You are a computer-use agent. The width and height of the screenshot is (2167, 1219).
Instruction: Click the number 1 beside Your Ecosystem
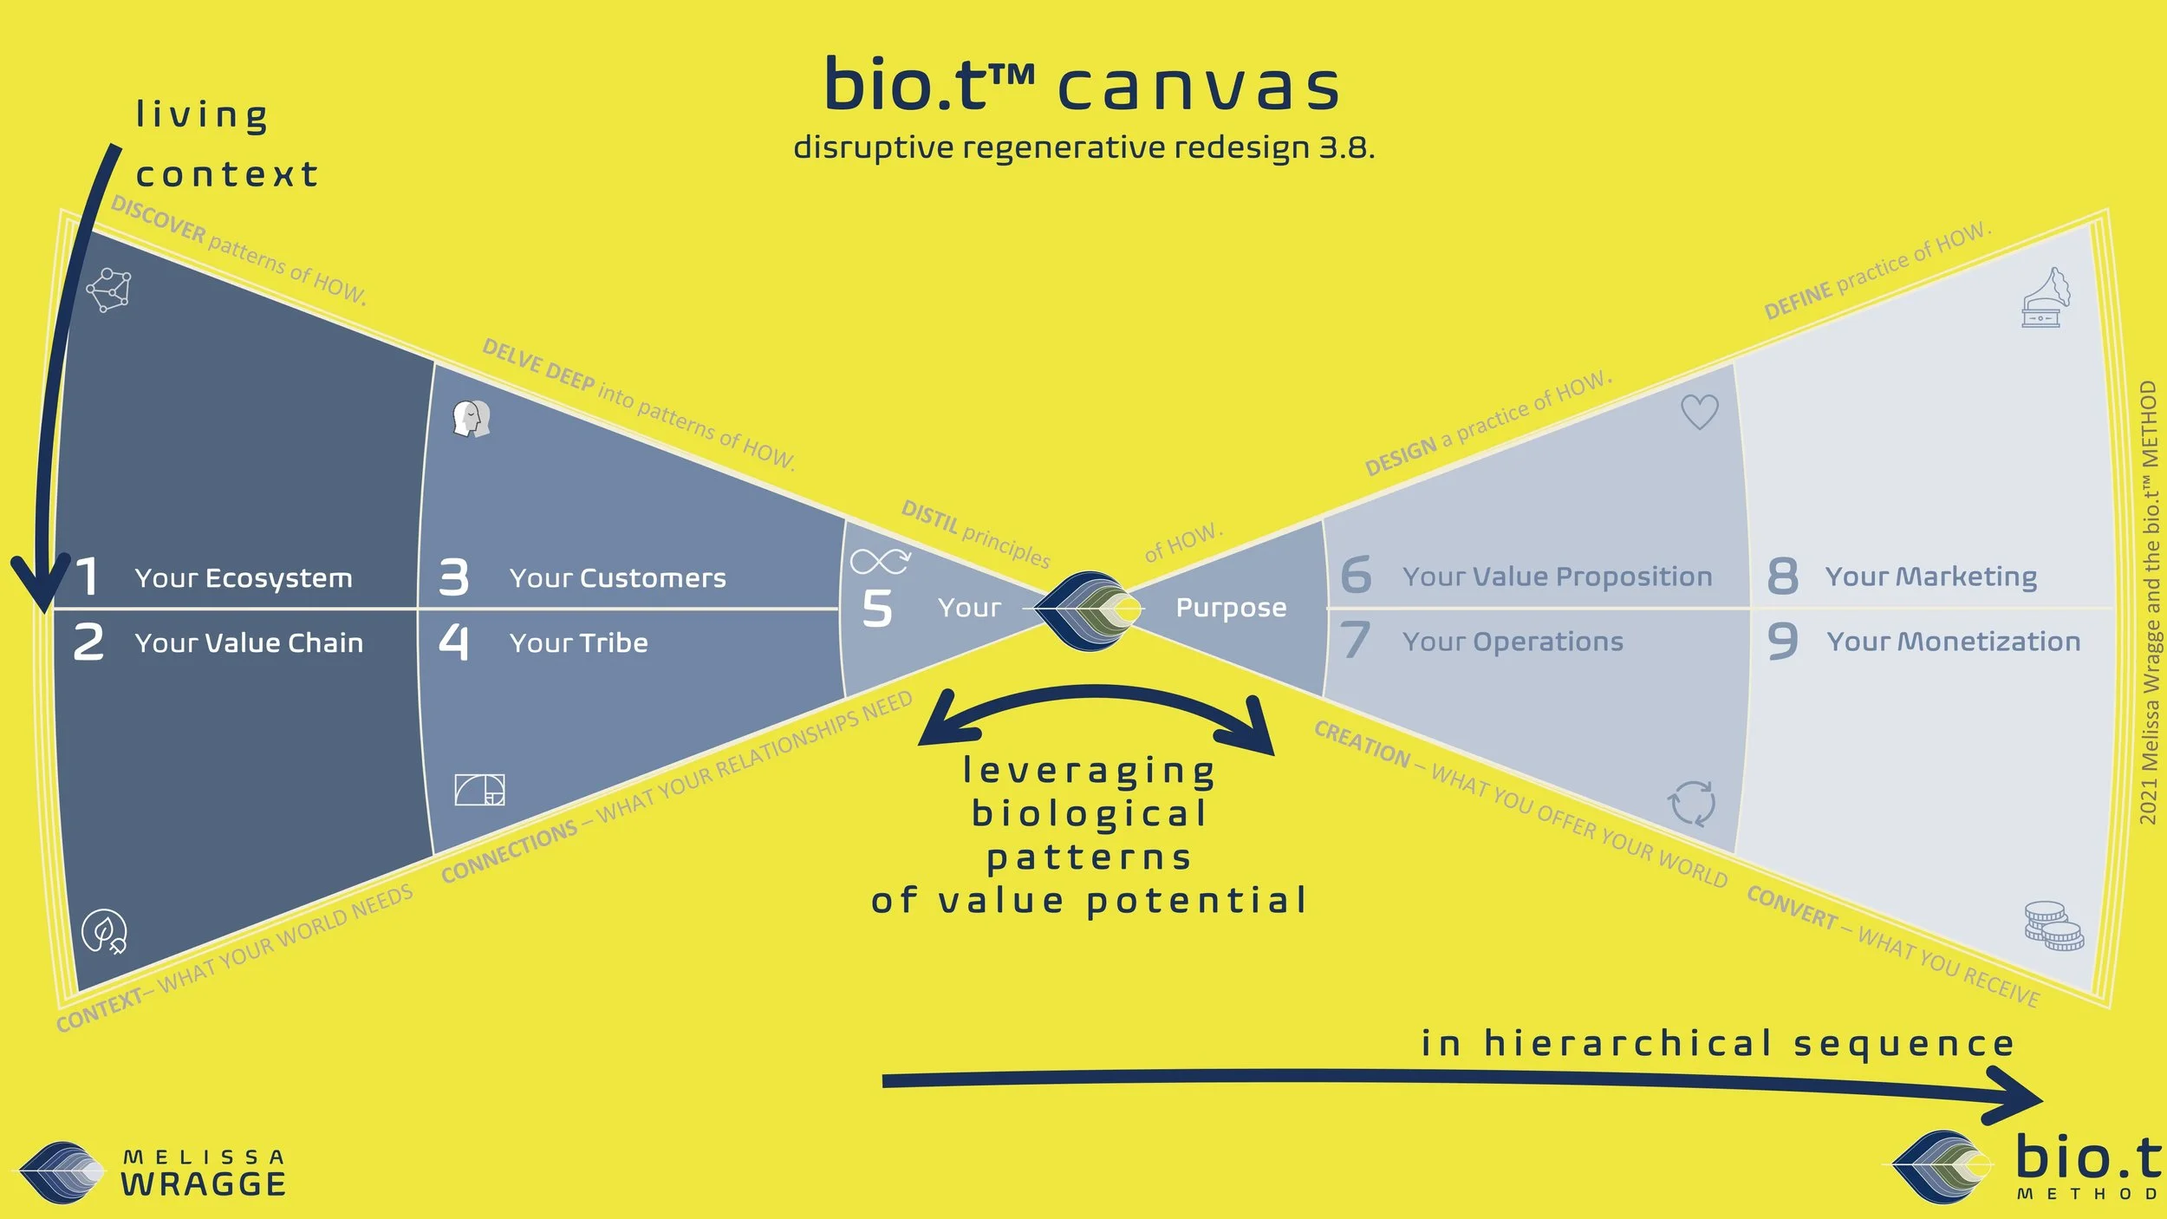tap(87, 577)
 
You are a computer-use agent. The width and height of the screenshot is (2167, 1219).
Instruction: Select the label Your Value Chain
tap(249, 643)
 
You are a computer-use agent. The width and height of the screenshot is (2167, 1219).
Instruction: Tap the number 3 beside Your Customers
tap(453, 577)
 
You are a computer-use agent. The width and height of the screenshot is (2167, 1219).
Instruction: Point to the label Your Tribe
tap(578, 643)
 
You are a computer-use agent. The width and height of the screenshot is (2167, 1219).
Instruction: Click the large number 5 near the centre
tap(876, 609)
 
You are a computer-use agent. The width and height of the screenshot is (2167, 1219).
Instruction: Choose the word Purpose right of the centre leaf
tap(1231, 609)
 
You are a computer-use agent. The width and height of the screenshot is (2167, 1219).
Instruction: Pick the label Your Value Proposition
tap(1557, 577)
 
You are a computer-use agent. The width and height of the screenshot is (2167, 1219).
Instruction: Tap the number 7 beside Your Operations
tap(1356, 641)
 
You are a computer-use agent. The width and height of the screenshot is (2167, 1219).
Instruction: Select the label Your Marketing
tap(1931, 577)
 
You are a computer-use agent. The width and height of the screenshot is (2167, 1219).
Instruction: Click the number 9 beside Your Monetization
tap(1782, 642)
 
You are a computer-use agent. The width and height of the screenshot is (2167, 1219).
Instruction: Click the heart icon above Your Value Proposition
tap(1699, 412)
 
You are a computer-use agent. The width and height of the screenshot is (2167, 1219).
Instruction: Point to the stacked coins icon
tap(2053, 927)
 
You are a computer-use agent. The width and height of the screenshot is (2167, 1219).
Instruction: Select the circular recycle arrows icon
tap(1691, 803)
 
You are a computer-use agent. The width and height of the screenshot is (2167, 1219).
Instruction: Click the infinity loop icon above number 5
tap(880, 561)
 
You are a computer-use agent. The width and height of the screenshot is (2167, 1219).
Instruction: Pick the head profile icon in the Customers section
tap(472, 419)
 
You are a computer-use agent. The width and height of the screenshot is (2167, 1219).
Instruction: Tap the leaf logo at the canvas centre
tap(1089, 610)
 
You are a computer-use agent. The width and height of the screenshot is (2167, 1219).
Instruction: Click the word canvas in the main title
tap(1199, 88)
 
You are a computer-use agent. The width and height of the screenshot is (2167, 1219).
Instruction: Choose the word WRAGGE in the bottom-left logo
tap(204, 1184)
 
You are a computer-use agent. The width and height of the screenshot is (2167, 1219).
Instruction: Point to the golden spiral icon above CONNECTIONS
tap(479, 790)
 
